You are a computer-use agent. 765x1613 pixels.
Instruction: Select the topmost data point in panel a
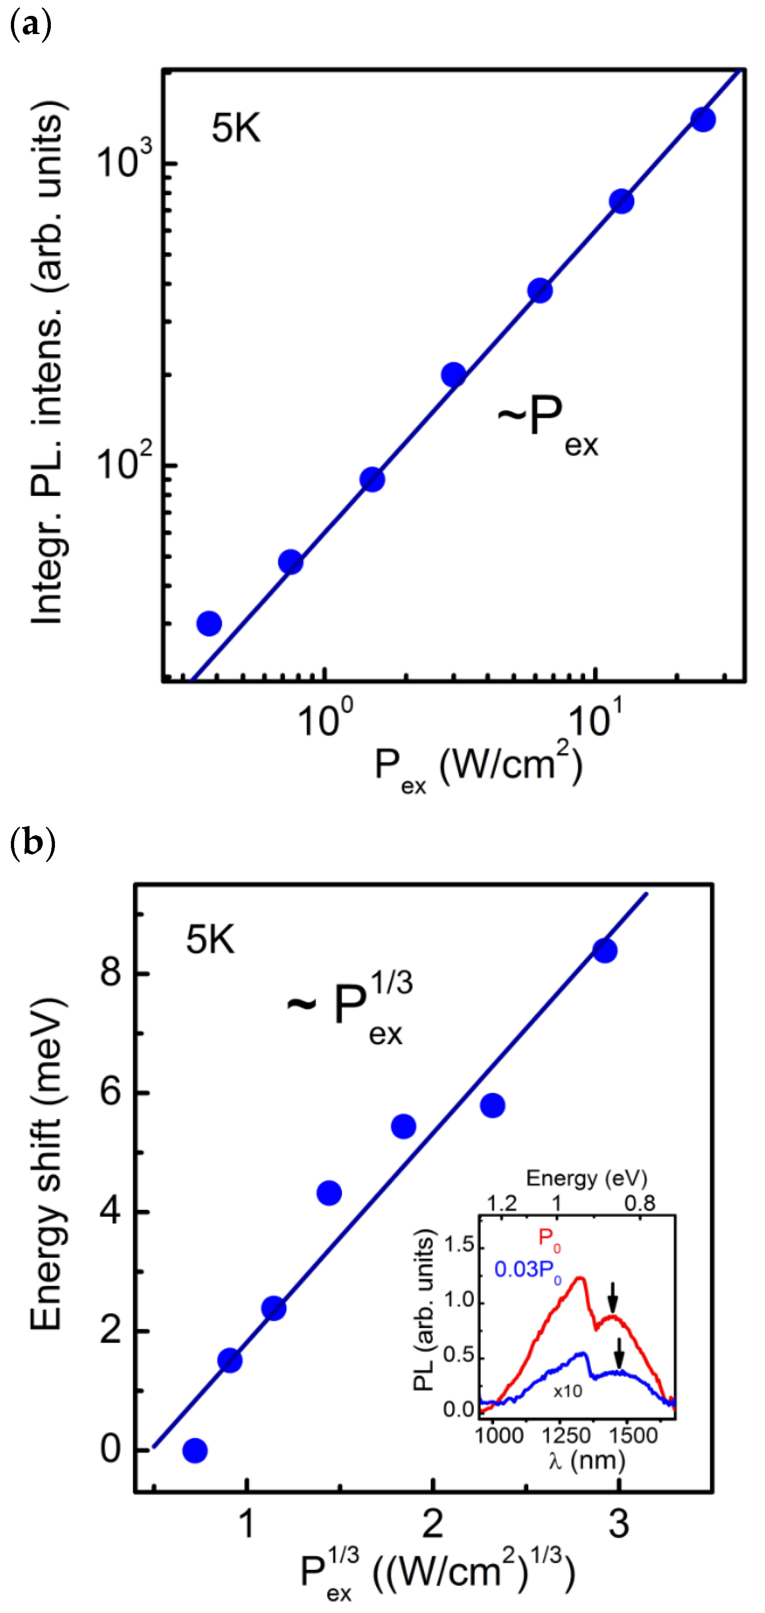click(x=702, y=119)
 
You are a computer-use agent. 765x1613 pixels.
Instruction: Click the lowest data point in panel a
click(x=209, y=623)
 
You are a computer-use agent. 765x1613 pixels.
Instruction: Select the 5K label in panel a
click(x=236, y=128)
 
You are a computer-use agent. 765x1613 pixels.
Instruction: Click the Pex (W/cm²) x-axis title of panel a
click(x=478, y=768)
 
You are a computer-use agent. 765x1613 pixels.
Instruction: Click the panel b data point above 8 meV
click(x=605, y=951)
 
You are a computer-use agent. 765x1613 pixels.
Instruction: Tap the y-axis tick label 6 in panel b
click(x=111, y=1093)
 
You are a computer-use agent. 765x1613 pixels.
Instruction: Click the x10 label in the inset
click(x=568, y=1391)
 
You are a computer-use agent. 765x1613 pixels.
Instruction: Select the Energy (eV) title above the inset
click(x=586, y=1179)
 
